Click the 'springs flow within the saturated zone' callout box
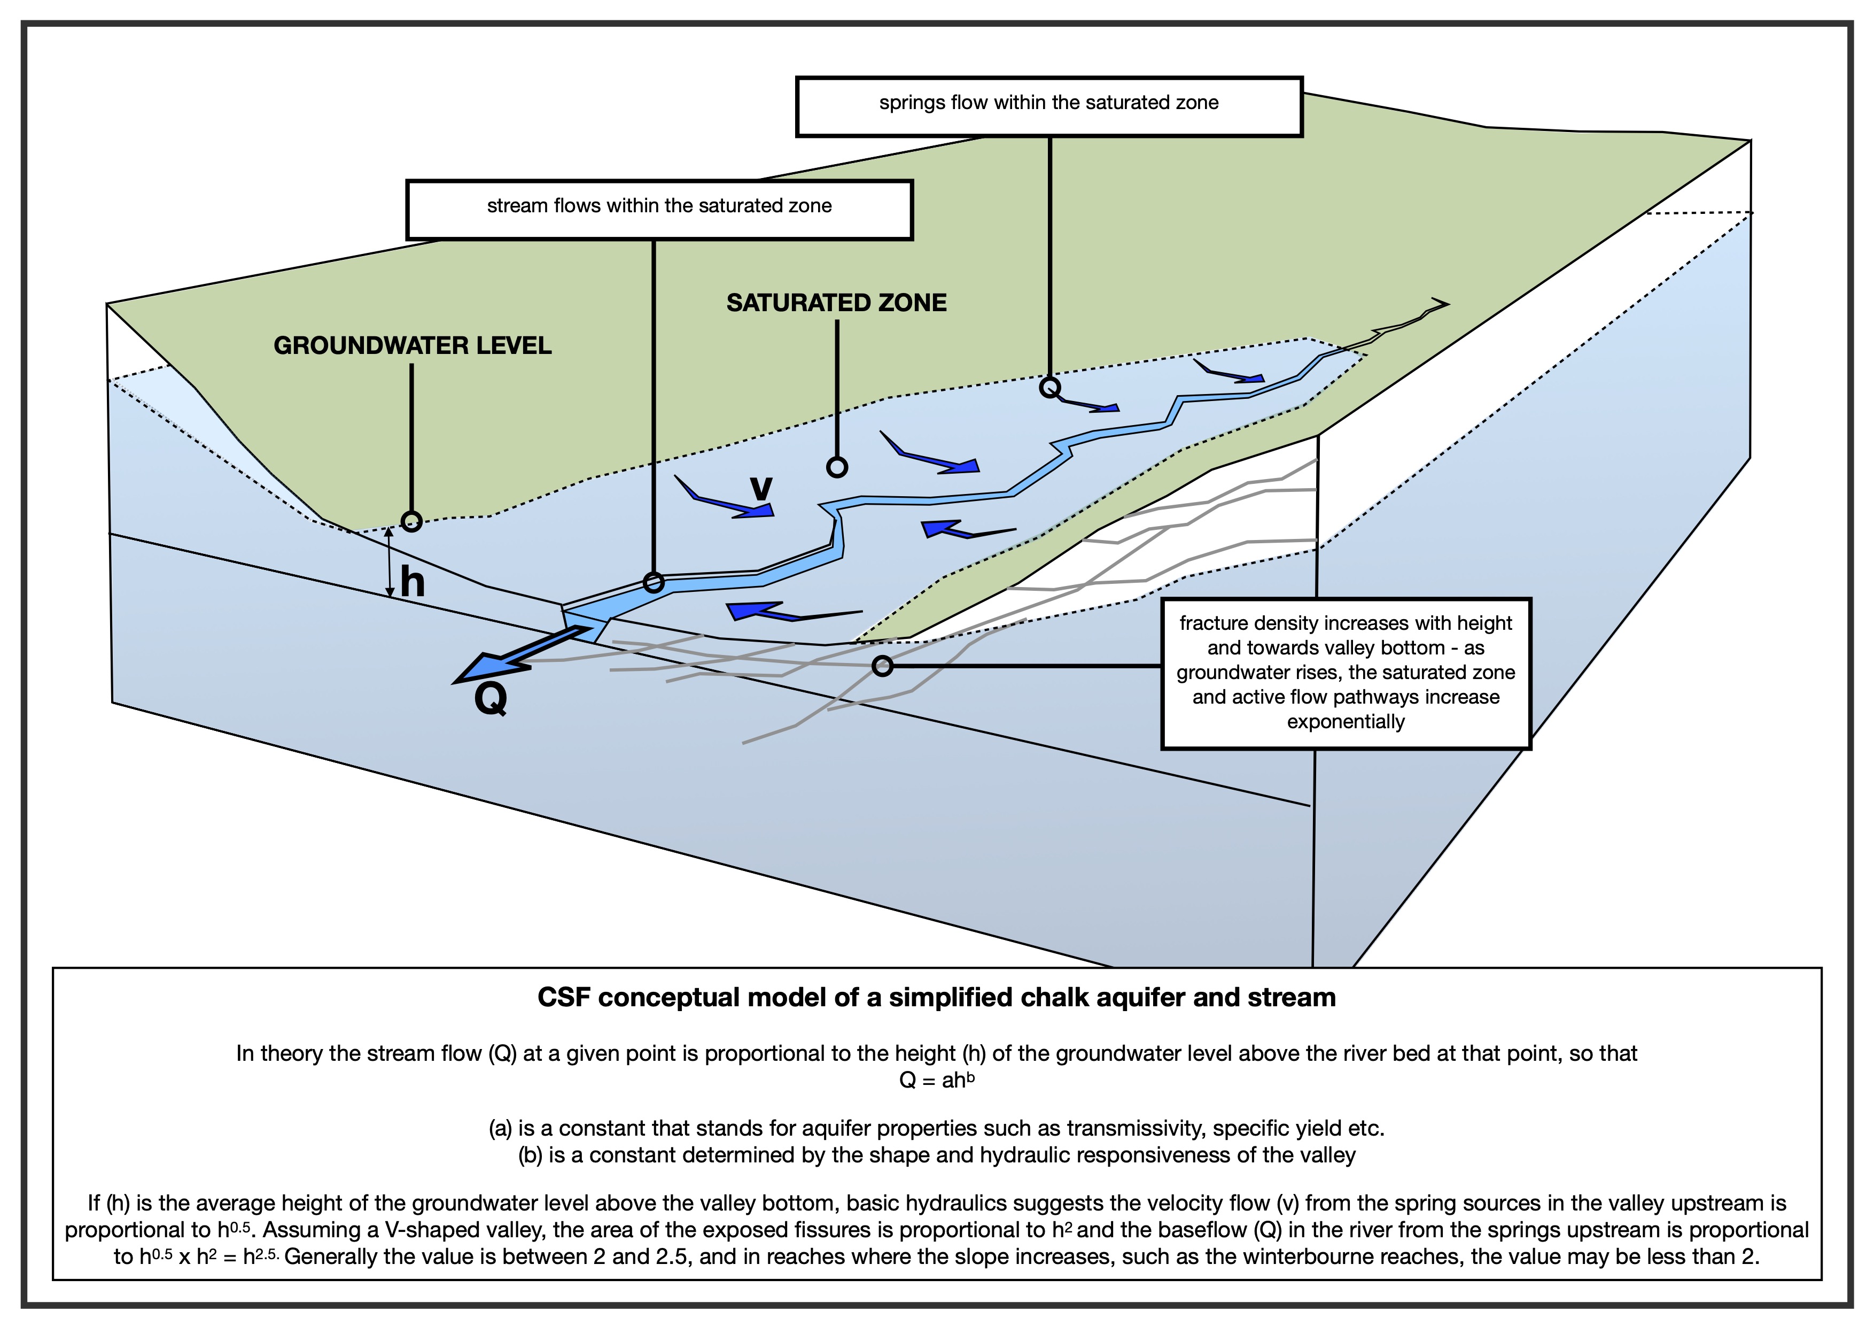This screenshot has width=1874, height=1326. (1049, 107)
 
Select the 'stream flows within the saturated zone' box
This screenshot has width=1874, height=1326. (659, 210)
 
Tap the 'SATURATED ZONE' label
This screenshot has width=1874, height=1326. (837, 303)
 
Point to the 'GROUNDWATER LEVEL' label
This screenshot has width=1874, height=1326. (412, 345)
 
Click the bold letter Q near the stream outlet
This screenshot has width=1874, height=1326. (491, 699)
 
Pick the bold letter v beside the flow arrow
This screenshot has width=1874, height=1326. (761, 488)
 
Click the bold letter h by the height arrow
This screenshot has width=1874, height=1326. (412, 582)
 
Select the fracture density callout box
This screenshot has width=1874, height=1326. (1346, 673)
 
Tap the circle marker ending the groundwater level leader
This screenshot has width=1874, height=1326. (411, 521)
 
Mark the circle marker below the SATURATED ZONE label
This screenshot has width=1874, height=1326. (837, 467)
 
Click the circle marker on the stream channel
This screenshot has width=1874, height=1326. (654, 582)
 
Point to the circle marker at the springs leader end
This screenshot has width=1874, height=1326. (1049, 387)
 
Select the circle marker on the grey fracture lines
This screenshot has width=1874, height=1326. (882, 666)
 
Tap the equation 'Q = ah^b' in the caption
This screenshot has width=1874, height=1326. (937, 1080)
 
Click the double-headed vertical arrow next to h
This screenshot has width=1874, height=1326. (390, 562)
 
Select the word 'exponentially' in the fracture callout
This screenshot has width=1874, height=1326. (1346, 722)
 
